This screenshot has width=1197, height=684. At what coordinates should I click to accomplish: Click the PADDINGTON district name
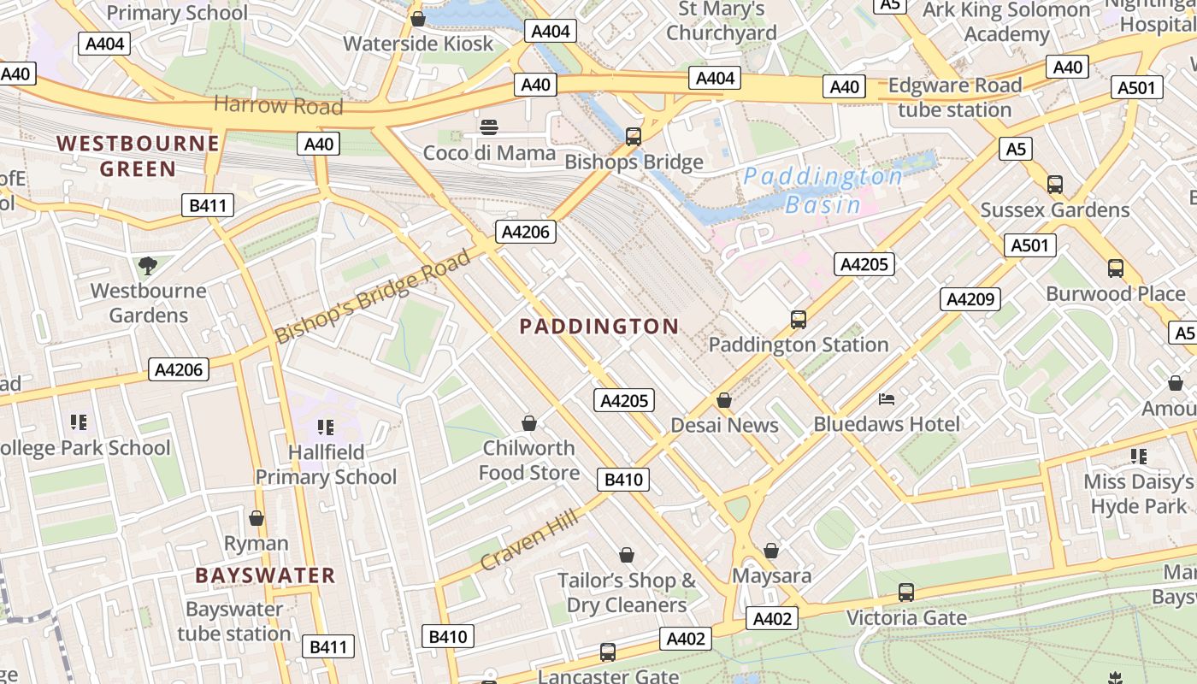598,326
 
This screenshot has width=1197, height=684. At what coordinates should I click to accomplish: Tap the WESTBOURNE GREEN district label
138,156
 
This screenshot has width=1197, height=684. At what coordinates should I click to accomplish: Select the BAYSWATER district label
265,575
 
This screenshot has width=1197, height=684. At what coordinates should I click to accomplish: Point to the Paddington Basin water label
823,190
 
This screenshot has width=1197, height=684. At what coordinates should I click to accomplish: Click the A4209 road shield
970,299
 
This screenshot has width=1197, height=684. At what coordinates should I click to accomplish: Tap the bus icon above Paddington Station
798,319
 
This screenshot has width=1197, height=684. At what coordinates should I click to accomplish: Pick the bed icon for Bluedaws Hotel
887,398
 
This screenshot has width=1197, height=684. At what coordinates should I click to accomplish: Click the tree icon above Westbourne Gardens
148,265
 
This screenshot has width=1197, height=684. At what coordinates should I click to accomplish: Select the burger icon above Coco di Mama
489,128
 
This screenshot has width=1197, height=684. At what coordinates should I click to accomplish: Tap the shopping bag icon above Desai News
724,400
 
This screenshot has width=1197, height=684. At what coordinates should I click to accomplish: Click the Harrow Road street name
278,105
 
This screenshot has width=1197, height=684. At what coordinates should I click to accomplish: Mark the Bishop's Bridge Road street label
373,296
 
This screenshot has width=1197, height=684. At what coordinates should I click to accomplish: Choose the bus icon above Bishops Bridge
634,136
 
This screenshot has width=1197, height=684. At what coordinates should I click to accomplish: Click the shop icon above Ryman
256,518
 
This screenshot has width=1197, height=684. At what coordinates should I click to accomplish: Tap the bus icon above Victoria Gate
906,592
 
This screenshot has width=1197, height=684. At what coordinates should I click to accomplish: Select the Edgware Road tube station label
955,97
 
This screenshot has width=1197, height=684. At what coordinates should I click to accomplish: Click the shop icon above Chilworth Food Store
529,423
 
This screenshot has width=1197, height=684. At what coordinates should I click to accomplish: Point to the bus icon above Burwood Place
1116,268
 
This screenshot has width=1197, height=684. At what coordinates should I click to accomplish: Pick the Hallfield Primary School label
326,464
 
